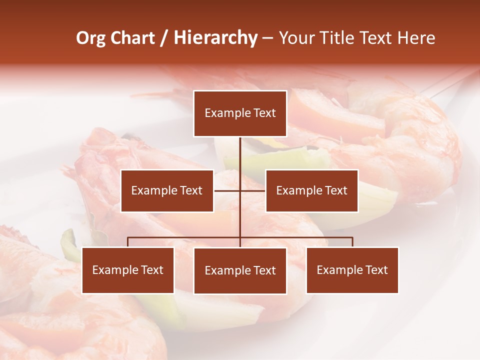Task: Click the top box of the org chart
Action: point(240,113)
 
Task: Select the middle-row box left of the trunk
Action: point(167,190)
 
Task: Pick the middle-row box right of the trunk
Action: point(311,190)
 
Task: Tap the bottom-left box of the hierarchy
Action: point(128,270)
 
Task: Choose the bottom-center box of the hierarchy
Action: point(240,271)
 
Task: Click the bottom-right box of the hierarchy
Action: point(352,270)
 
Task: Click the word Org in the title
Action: point(90,38)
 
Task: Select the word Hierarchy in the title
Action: point(215,38)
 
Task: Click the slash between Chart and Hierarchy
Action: point(164,38)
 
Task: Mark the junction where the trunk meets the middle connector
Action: point(240,190)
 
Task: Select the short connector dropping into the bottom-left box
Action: point(128,242)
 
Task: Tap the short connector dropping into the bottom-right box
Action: point(352,242)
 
